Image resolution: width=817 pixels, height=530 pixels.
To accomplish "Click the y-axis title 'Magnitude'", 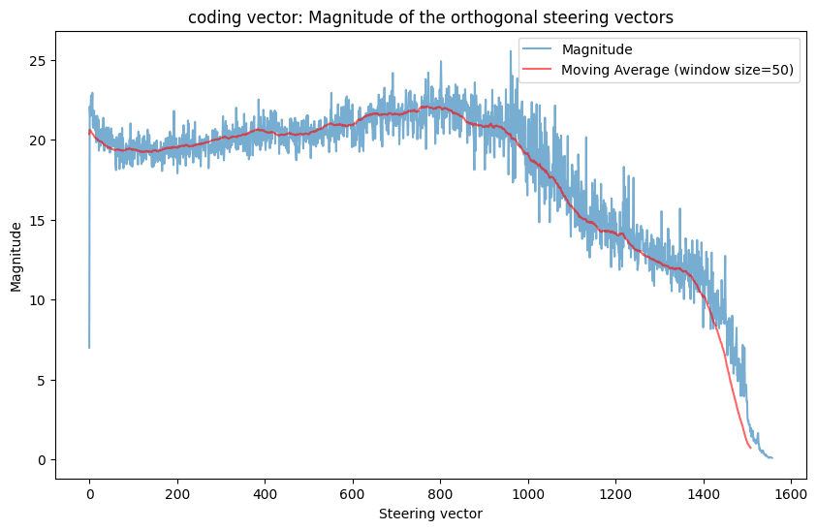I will tap(16, 256).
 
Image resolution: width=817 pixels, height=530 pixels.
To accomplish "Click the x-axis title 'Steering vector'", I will tap(430, 514).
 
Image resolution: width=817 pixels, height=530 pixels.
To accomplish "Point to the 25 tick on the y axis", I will tap(38, 60).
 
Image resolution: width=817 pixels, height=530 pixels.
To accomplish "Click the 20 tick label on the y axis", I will tap(38, 140).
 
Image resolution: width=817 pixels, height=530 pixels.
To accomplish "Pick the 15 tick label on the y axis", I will tap(38, 220).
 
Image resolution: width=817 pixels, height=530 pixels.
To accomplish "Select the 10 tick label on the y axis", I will tap(38, 300).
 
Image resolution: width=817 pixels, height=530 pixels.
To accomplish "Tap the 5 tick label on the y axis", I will tap(42, 380).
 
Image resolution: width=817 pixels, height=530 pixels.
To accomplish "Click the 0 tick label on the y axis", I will tap(42, 460).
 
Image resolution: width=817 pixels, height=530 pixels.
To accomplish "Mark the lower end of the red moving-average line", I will tap(750, 448).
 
